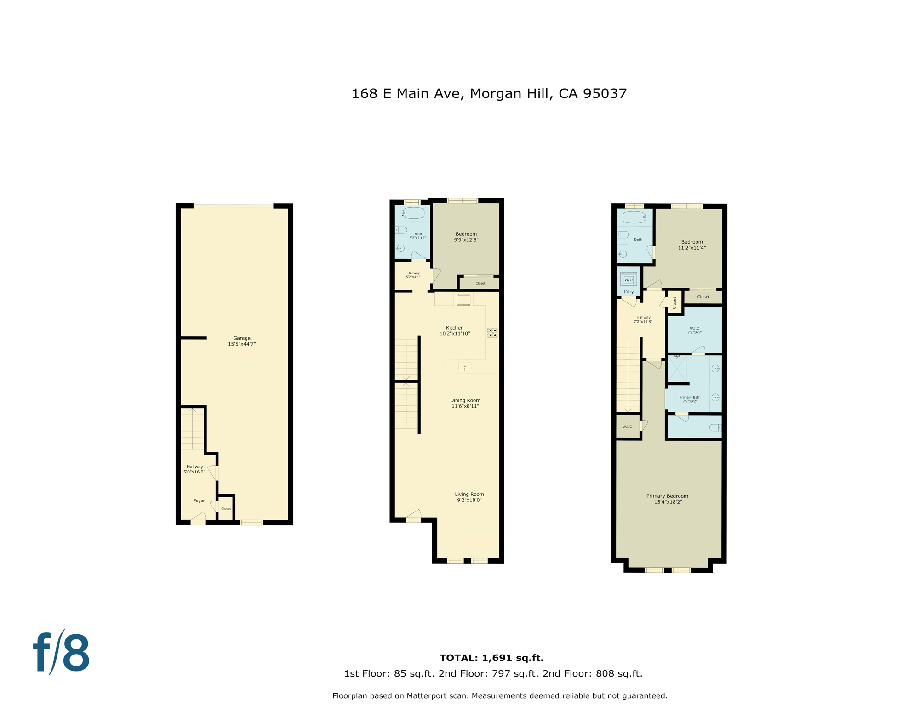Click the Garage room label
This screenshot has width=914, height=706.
point(242,341)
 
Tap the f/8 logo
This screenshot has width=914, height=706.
point(61,652)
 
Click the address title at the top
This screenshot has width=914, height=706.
point(489,94)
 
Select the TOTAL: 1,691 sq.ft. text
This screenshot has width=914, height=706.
point(491,658)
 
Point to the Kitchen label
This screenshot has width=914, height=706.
point(455,330)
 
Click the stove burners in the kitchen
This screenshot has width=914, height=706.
point(492,333)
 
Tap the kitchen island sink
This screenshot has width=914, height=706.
point(465,366)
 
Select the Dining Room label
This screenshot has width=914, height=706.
point(465,403)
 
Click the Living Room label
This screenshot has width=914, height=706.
point(469,497)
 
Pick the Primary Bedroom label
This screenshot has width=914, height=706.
point(667,499)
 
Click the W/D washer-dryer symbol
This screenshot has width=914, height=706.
point(628,279)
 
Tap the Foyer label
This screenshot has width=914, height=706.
point(199,501)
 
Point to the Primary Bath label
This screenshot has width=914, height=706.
point(690,399)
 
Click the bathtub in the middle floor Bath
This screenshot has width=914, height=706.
point(413,213)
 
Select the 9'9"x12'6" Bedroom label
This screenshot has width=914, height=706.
point(466,237)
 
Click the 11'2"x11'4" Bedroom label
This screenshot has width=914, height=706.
point(692,245)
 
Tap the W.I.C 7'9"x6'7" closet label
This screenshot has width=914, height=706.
point(694,330)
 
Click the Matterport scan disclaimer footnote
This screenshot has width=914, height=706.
point(500,696)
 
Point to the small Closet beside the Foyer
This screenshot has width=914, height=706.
point(226,508)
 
